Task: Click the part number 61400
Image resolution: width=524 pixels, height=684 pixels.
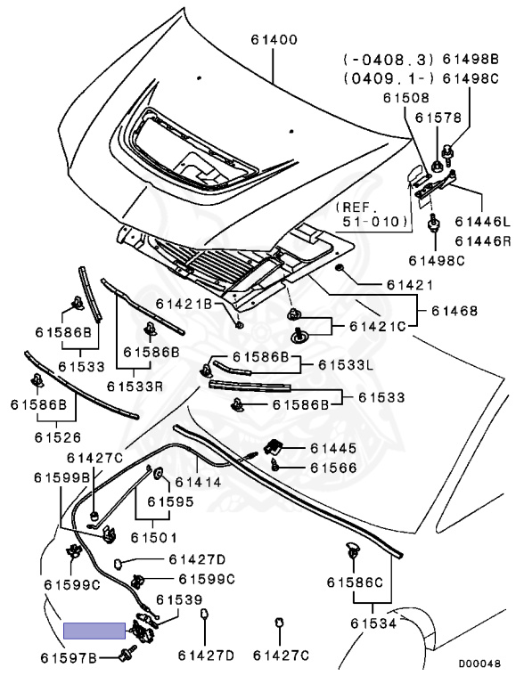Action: (274, 40)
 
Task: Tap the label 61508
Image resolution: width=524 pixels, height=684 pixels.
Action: (406, 98)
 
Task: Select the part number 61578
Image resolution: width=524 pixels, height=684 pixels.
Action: (438, 118)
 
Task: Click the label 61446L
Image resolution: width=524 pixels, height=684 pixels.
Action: (482, 222)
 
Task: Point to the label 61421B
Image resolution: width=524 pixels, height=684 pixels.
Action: (184, 304)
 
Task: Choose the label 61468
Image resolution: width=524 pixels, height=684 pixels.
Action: (454, 311)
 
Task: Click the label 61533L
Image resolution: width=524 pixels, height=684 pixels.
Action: (346, 364)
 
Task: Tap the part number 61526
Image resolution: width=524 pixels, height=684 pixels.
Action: (58, 437)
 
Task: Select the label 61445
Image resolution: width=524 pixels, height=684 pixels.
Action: (333, 449)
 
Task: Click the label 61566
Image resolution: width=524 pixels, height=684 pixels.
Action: (333, 468)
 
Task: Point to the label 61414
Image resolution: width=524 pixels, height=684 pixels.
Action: (198, 482)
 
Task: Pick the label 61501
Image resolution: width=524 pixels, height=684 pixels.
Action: (153, 538)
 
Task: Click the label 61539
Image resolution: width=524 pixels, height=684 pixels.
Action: (179, 600)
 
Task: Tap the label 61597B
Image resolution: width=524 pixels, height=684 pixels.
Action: (68, 658)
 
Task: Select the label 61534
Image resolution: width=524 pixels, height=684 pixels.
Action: (373, 623)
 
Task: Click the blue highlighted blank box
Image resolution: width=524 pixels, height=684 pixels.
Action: (94, 631)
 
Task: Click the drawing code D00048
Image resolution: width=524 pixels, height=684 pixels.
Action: (479, 664)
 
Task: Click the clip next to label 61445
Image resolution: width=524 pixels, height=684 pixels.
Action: (274, 447)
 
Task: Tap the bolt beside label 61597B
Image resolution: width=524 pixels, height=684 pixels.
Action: (127, 652)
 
